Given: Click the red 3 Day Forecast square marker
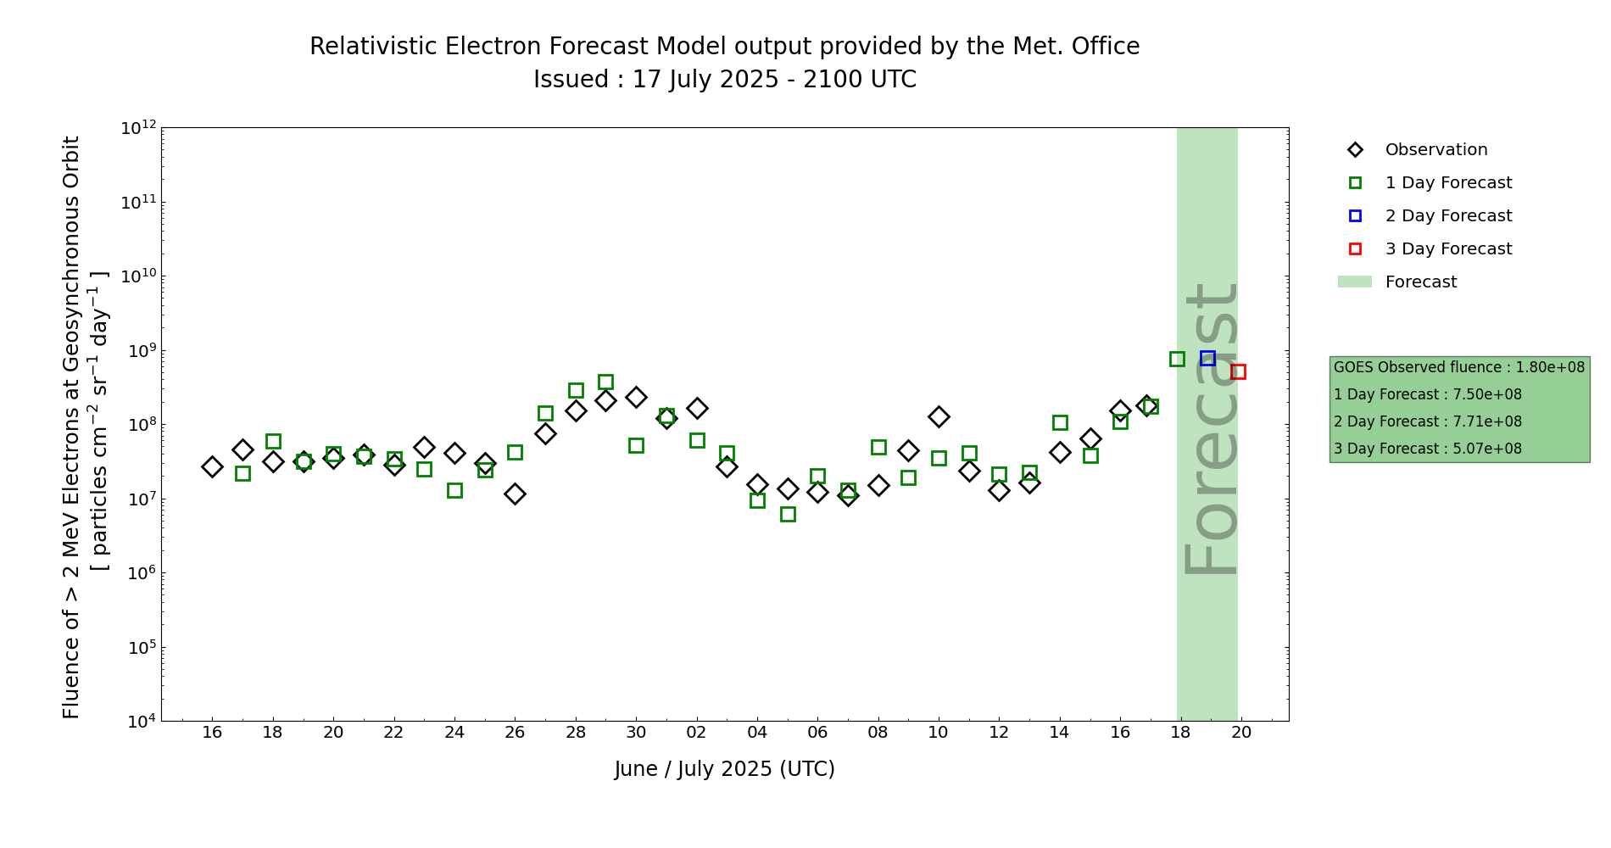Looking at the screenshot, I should [1238, 371].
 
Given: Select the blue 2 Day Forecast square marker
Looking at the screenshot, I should [1207, 359].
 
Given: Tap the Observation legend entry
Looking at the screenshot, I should [1435, 150].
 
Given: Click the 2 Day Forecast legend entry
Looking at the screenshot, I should [1447, 216].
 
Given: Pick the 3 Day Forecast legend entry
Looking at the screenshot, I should [1447, 249].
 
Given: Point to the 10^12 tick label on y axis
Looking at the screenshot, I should [138, 128].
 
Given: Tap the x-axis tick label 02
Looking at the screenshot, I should [697, 732].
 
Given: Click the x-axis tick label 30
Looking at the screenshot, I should [636, 732].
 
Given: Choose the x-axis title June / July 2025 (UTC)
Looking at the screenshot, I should [724, 769].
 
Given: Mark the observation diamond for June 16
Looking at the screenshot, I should [212, 466].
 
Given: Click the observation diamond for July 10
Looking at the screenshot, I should [938, 416].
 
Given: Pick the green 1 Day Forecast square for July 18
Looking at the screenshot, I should [1177, 359].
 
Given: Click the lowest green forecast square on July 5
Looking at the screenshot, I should [788, 514].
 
